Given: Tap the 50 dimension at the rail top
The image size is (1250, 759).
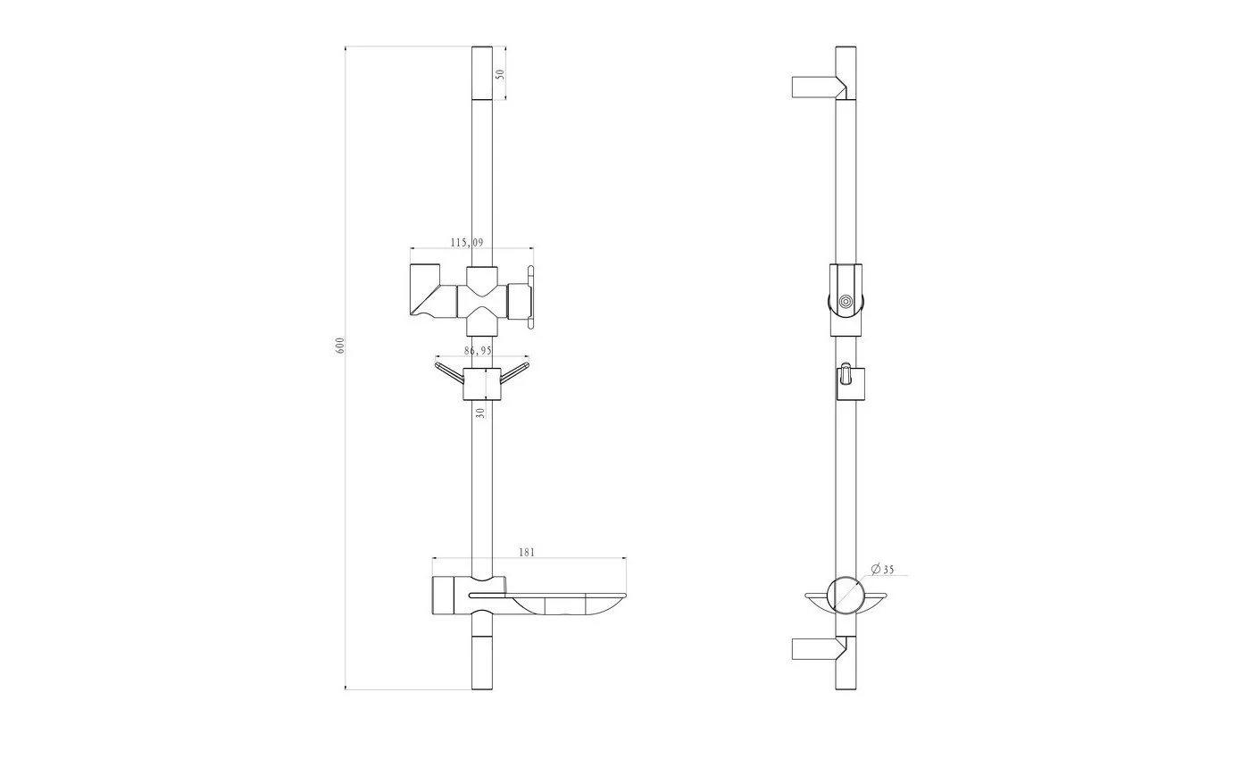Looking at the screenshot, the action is click(501, 73).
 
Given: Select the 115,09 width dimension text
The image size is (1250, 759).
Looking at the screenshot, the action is click(467, 242).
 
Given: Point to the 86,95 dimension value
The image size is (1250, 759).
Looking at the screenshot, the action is click(479, 350).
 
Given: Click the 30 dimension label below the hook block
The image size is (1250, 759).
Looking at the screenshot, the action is click(480, 413).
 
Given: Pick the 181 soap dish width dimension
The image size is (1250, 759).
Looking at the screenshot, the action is click(527, 552).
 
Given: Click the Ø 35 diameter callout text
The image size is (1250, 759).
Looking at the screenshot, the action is click(882, 570).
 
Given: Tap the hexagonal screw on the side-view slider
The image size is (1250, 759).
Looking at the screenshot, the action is click(846, 302).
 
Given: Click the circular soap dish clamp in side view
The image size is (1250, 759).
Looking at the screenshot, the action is click(846, 596).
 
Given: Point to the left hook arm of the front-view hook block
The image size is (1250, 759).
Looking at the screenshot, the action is click(449, 373).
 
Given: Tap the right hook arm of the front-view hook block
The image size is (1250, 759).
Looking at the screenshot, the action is click(514, 373).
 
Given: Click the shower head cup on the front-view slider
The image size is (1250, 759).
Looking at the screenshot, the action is click(428, 291).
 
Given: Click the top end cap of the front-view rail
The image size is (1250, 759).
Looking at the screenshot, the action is click(482, 72).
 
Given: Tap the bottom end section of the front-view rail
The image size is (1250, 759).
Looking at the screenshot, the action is click(482, 663).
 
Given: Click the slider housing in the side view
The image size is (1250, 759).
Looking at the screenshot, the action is click(846, 300).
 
